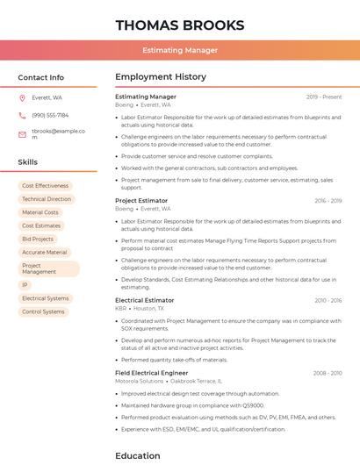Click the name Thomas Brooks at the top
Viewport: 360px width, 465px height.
click(x=179, y=24)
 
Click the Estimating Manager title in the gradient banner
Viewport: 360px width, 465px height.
click(x=179, y=50)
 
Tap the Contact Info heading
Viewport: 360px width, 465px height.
click(x=40, y=77)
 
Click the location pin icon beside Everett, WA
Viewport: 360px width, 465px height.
click(x=22, y=97)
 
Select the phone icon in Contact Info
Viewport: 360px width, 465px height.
click(x=22, y=115)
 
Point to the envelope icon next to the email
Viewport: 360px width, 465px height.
click(x=22, y=134)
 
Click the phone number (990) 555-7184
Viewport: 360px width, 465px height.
click(x=50, y=115)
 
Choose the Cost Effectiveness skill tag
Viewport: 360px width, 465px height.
click(x=45, y=186)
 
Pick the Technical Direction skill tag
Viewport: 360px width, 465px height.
click(x=47, y=199)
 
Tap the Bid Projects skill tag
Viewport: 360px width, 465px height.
click(x=38, y=239)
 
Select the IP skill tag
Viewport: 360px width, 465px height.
click(x=25, y=285)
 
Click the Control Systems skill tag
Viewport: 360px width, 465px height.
click(x=43, y=311)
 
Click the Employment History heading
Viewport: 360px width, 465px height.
click(x=160, y=77)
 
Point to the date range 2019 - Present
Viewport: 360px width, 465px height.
click(x=324, y=97)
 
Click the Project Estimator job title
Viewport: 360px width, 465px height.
click(x=141, y=200)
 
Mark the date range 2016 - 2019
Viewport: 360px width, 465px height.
click(x=328, y=201)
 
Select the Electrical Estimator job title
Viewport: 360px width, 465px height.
click(x=145, y=300)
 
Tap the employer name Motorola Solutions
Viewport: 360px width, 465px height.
click(x=140, y=381)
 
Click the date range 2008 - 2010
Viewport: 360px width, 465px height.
click(x=328, y=373)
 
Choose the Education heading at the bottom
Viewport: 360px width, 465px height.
click(x=138, y=455)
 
